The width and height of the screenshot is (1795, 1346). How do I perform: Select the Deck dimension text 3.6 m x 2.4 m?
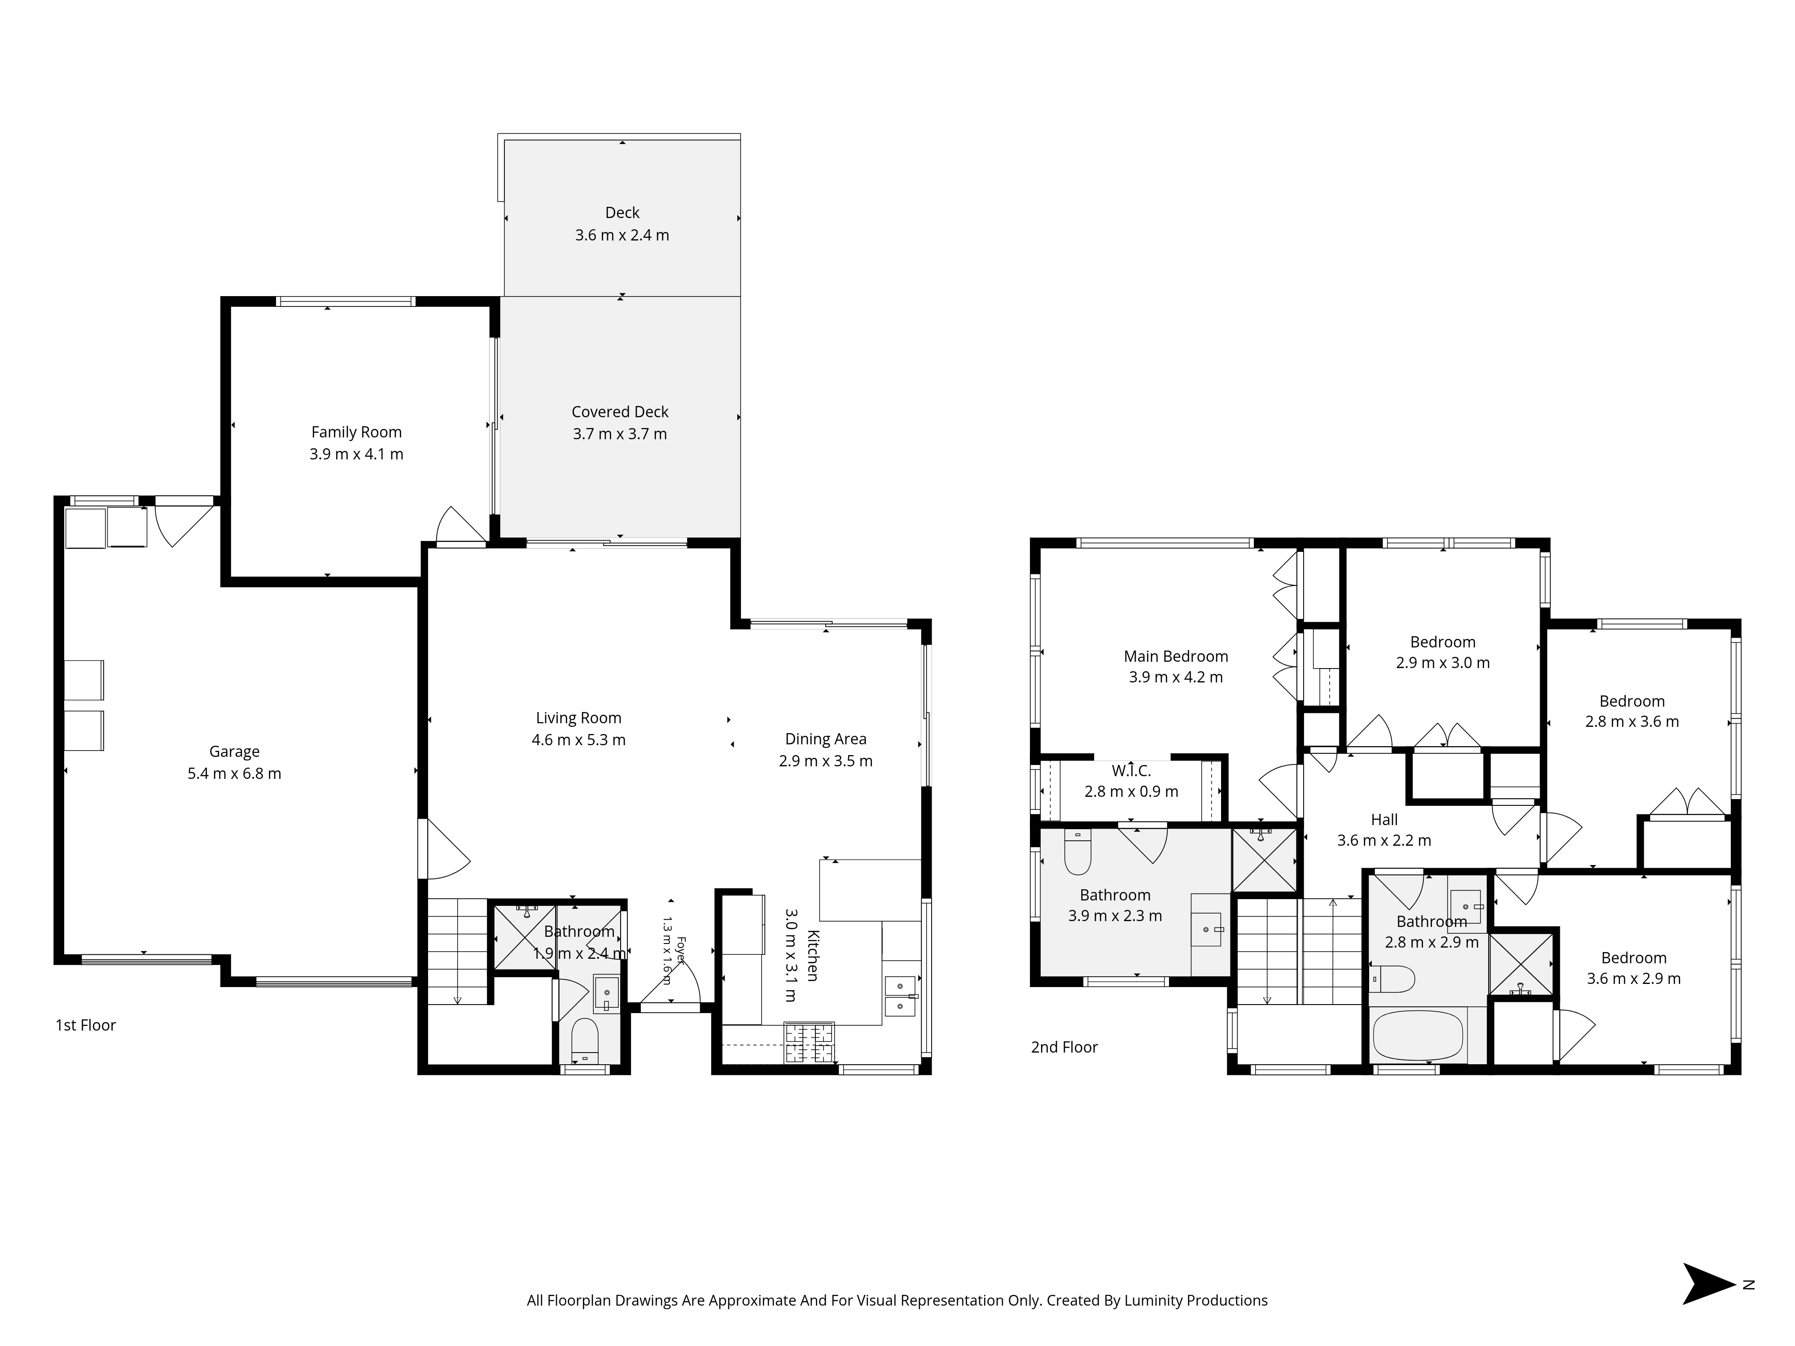click(x=622, y=235)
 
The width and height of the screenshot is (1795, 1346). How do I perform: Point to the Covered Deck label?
click(x=620, y=411)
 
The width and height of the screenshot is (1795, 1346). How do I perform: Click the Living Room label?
click(x=578, y=718)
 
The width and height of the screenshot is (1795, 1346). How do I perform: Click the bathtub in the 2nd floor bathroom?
click(x=1418, y=1035)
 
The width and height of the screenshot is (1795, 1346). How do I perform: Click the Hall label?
click(x=1384, y=819)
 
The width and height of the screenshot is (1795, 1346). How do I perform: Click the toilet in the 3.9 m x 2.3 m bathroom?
click(x=1077, y=852)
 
